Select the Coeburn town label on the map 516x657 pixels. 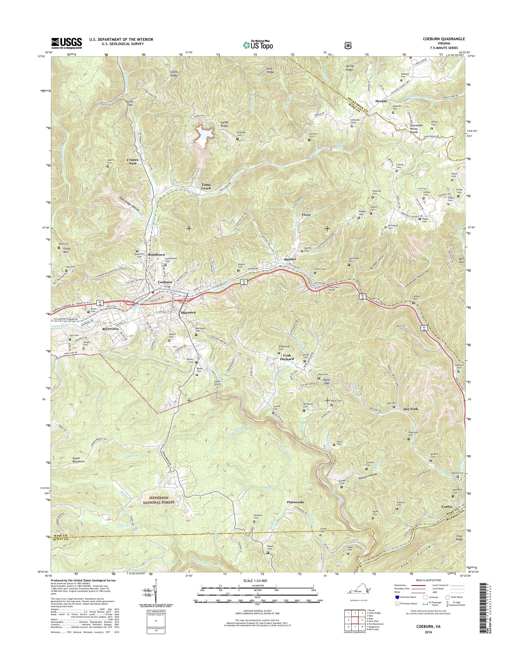pyautogui.click(x=165, y=282)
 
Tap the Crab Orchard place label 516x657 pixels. pyautogui.click(x=287, y=357)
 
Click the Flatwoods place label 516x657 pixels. pyautogui.click(x=295, y=502)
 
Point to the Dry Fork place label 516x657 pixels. pyautogui.click(x=411, y=409)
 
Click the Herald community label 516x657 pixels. pyautogui.click(x=381, y=101)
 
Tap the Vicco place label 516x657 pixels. pyautogui.click(x=306, y=215)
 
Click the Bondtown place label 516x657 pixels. pyautogui.click(x=156, y=255)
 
